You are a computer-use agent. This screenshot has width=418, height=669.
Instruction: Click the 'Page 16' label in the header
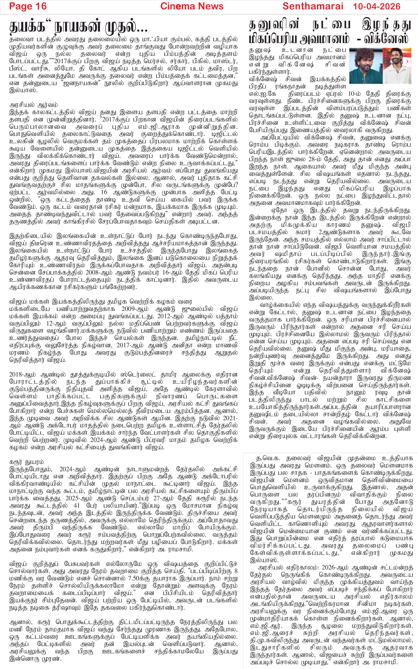pyautogui.click(x=28, y=6)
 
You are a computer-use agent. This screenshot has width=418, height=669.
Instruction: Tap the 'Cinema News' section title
pyautogui.click(x=192, y=6)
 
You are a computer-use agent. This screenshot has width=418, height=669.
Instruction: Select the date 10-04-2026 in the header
pyautogui.click(x=377, y=6)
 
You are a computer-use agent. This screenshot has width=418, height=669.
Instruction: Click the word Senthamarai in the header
pyautogui.click(x=313, y=6)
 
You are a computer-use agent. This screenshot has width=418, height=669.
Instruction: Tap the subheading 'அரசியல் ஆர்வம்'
pyautogui.click(x=33, y=105)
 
